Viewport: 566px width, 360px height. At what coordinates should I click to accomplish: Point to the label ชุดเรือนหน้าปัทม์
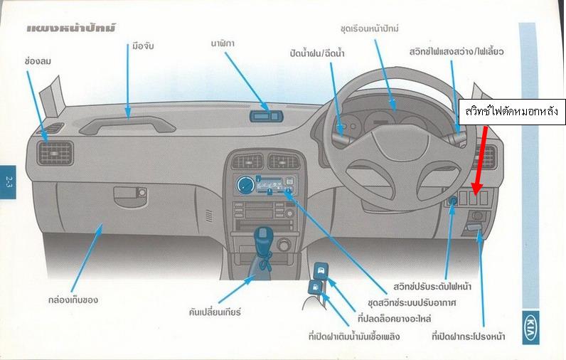tap(370, 28)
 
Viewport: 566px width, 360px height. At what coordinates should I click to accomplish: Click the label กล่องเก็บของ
tap(70, 300)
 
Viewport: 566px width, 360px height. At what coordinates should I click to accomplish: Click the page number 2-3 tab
tap(7, 173)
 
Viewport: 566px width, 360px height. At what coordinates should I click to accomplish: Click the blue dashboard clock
tap(265, 115)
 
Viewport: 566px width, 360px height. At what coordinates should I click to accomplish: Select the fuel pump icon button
tap(316, 287)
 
